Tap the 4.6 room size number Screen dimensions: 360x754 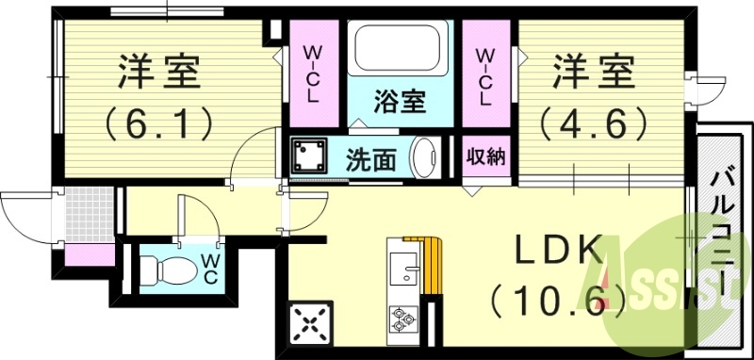tap(594, 121)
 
